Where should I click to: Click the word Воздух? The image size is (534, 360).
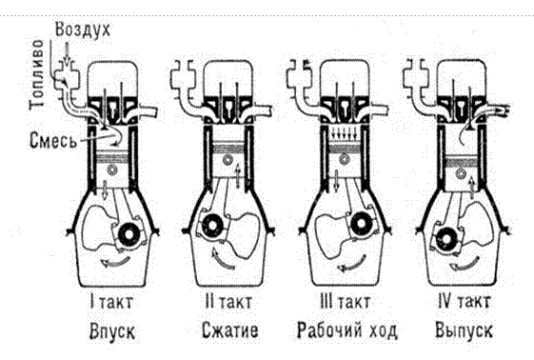coord(83,30)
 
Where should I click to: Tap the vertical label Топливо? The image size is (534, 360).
coord(36,74)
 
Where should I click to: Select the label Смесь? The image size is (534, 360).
coord(52,140)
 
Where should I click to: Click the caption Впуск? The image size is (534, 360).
coord(112,331)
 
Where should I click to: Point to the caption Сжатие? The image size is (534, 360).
coord(230,330)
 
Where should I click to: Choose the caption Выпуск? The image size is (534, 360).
coord(464,330)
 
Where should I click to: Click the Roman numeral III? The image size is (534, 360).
coord(326,301)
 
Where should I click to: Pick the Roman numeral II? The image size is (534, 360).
coord(209,301)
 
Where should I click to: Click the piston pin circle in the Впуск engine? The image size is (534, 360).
coord(111,170)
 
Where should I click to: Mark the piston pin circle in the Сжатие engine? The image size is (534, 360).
coord(227,160)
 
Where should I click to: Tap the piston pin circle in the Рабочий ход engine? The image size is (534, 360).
coord(345,158)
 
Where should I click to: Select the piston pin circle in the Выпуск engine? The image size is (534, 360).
coord(461,174)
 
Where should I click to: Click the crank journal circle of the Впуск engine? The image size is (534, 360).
coord(129,234)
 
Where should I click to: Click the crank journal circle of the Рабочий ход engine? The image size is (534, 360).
coord(361,224)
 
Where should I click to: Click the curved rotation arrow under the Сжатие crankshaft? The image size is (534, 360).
coord(222,260)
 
